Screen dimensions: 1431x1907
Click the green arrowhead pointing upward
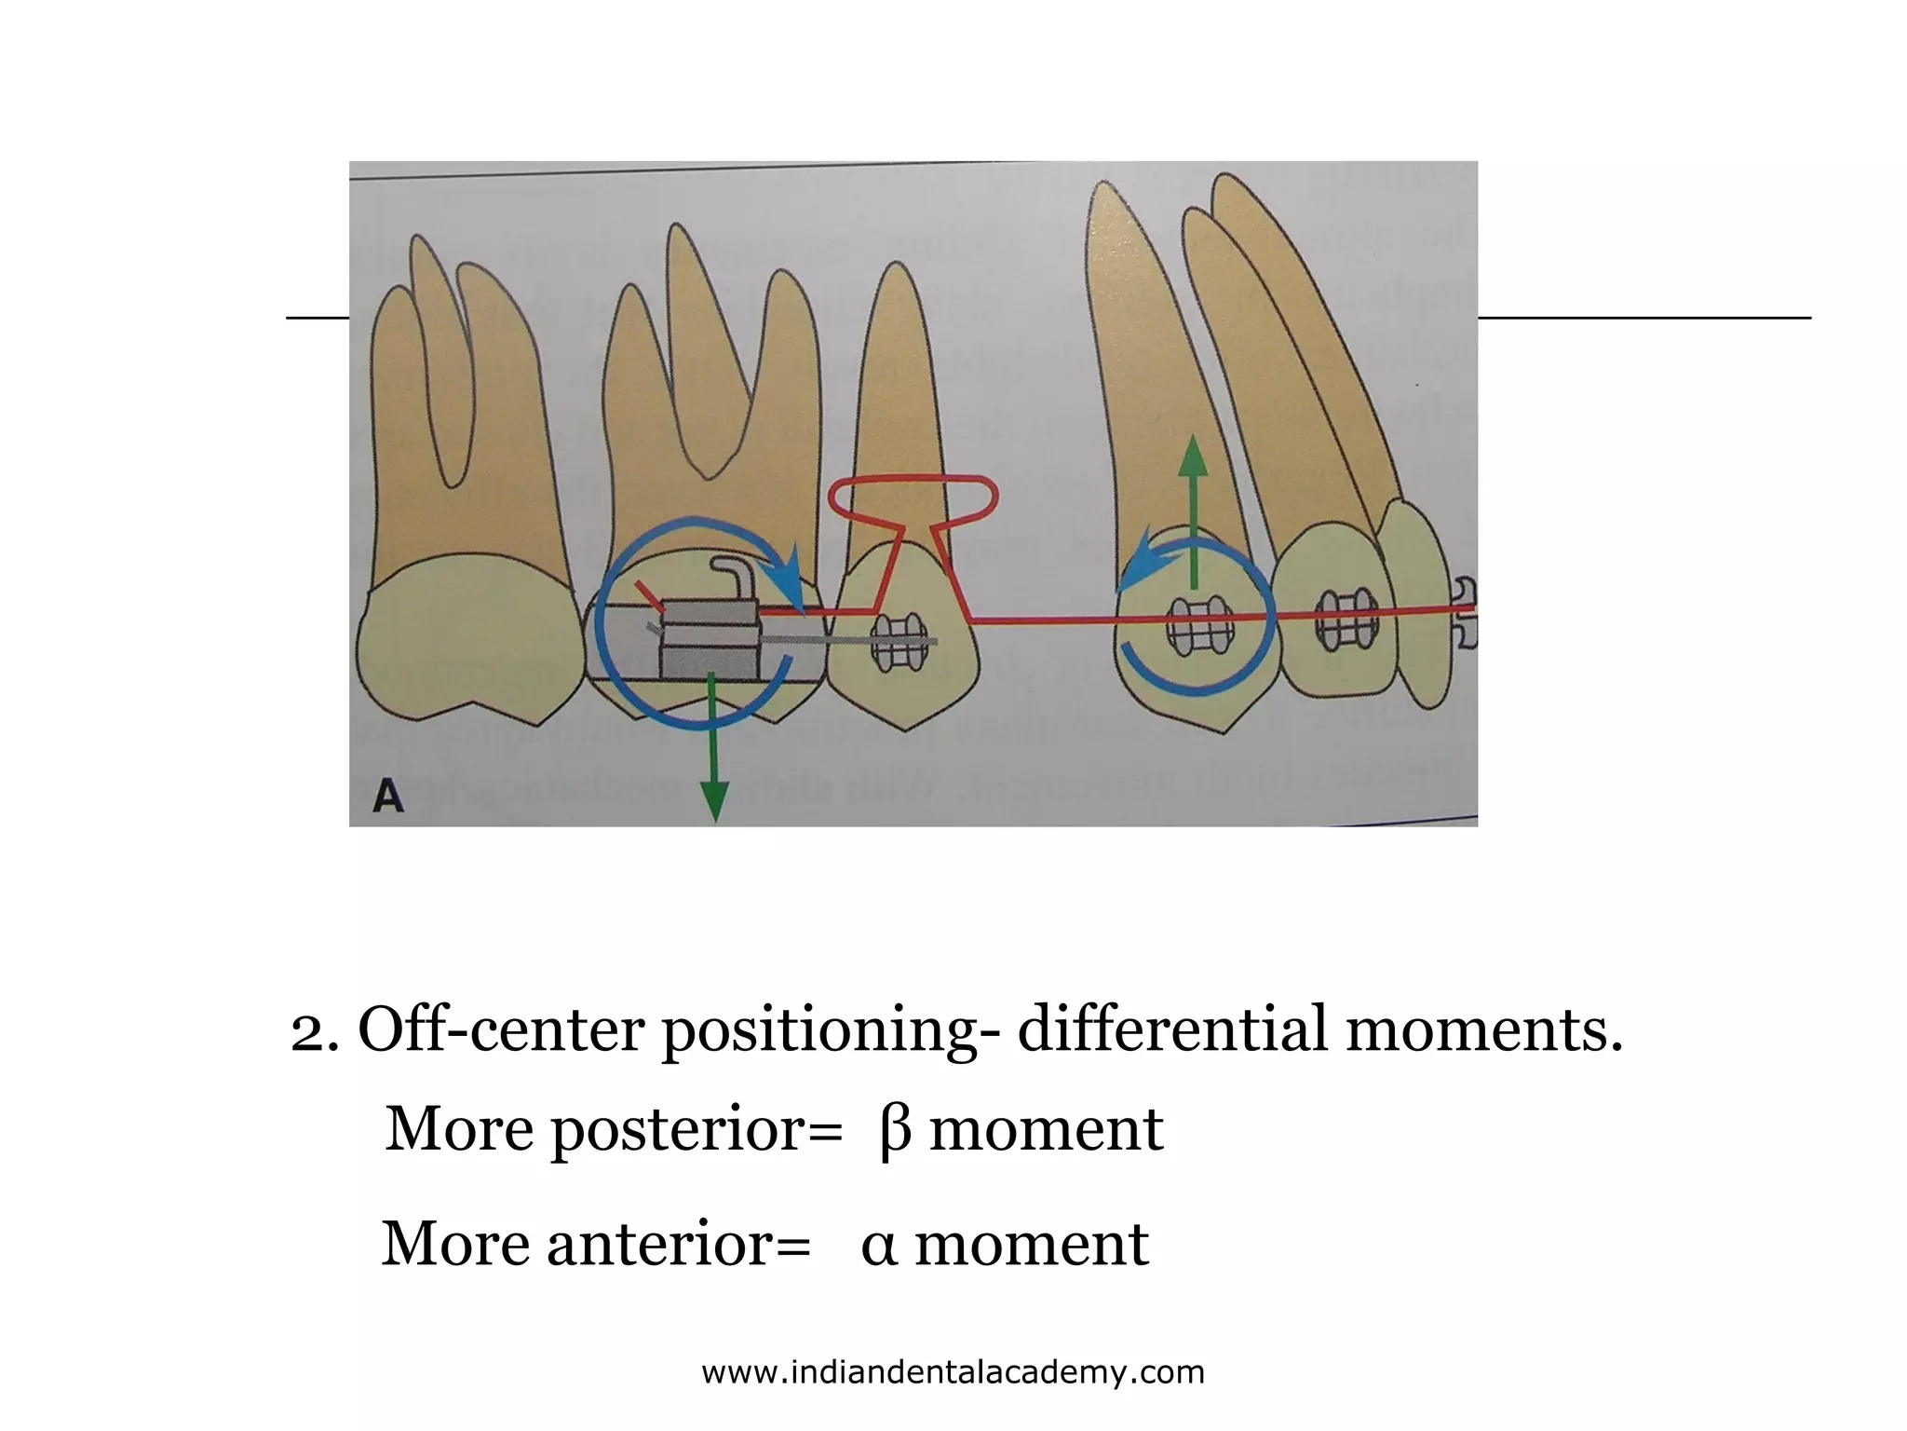click(x=1193, y=457)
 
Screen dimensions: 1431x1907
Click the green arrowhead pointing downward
click(x=714, y=801)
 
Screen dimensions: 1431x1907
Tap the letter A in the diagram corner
click(x=387, y=797)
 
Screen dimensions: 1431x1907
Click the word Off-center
click(x=500, y=1030)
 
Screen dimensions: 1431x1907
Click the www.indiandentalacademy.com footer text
click(x=953, y=1372)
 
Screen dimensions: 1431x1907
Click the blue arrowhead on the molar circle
click(x=789, y=574)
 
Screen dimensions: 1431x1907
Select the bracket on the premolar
click(x=898, y=641)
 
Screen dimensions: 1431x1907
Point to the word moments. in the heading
click(x=1484, y=1030)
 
